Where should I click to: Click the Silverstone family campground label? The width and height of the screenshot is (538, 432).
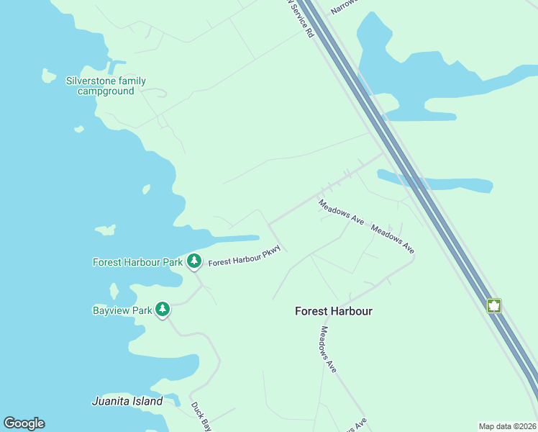pos(106,86)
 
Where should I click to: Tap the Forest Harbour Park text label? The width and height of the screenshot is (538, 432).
pos(137,262)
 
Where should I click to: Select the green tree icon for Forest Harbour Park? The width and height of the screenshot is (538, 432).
pos(193,261)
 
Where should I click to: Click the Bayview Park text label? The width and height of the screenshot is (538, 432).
pos(122,310)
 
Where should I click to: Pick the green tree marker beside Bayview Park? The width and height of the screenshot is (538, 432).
pos(163,310)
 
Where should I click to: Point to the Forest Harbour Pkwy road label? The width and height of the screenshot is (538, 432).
pos(243,256)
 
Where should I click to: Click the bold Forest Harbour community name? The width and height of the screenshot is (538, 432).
pos(334,311)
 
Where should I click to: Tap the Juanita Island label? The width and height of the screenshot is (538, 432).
pos(127,401)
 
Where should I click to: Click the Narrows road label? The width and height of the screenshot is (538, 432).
pos(343,7)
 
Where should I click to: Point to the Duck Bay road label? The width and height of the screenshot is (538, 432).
pos(201,415)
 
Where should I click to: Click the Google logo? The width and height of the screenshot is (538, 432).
pos(24,423)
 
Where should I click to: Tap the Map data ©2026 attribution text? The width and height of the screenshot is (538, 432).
pos(507,426)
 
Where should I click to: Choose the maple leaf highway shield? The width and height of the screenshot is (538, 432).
pos(494,305)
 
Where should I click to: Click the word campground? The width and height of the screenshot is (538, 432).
pos(106,91)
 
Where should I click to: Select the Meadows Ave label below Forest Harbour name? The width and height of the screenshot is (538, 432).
pos(328,349)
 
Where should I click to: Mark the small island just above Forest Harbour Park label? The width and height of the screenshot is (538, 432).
pos(105,230)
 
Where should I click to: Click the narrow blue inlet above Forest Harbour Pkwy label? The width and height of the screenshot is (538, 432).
pos(234,238)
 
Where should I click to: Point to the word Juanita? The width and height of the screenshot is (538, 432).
pos(114,401)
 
